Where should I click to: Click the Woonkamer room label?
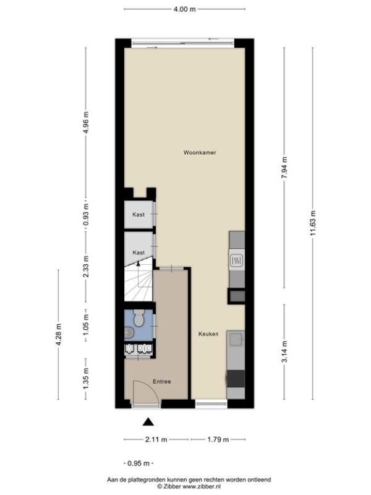pos(200,152)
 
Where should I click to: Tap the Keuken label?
pos(208,334)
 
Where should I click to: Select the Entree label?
pos(162,381)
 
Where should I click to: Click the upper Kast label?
pos(139,214)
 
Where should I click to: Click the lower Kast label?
pos(139,252)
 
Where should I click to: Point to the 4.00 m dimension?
pos(184,9)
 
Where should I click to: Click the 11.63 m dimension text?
pos(313,223)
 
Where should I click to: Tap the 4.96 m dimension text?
pos(85,122)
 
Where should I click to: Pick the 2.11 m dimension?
pos(156,439)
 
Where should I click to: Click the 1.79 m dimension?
pos(218,439)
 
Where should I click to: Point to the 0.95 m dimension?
pos(139,463)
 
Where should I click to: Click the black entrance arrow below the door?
pos(148,422)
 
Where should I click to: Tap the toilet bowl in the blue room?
pos(138,317)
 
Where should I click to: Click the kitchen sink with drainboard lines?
pos(237,261)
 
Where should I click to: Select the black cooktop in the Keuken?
pos(236,379)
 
